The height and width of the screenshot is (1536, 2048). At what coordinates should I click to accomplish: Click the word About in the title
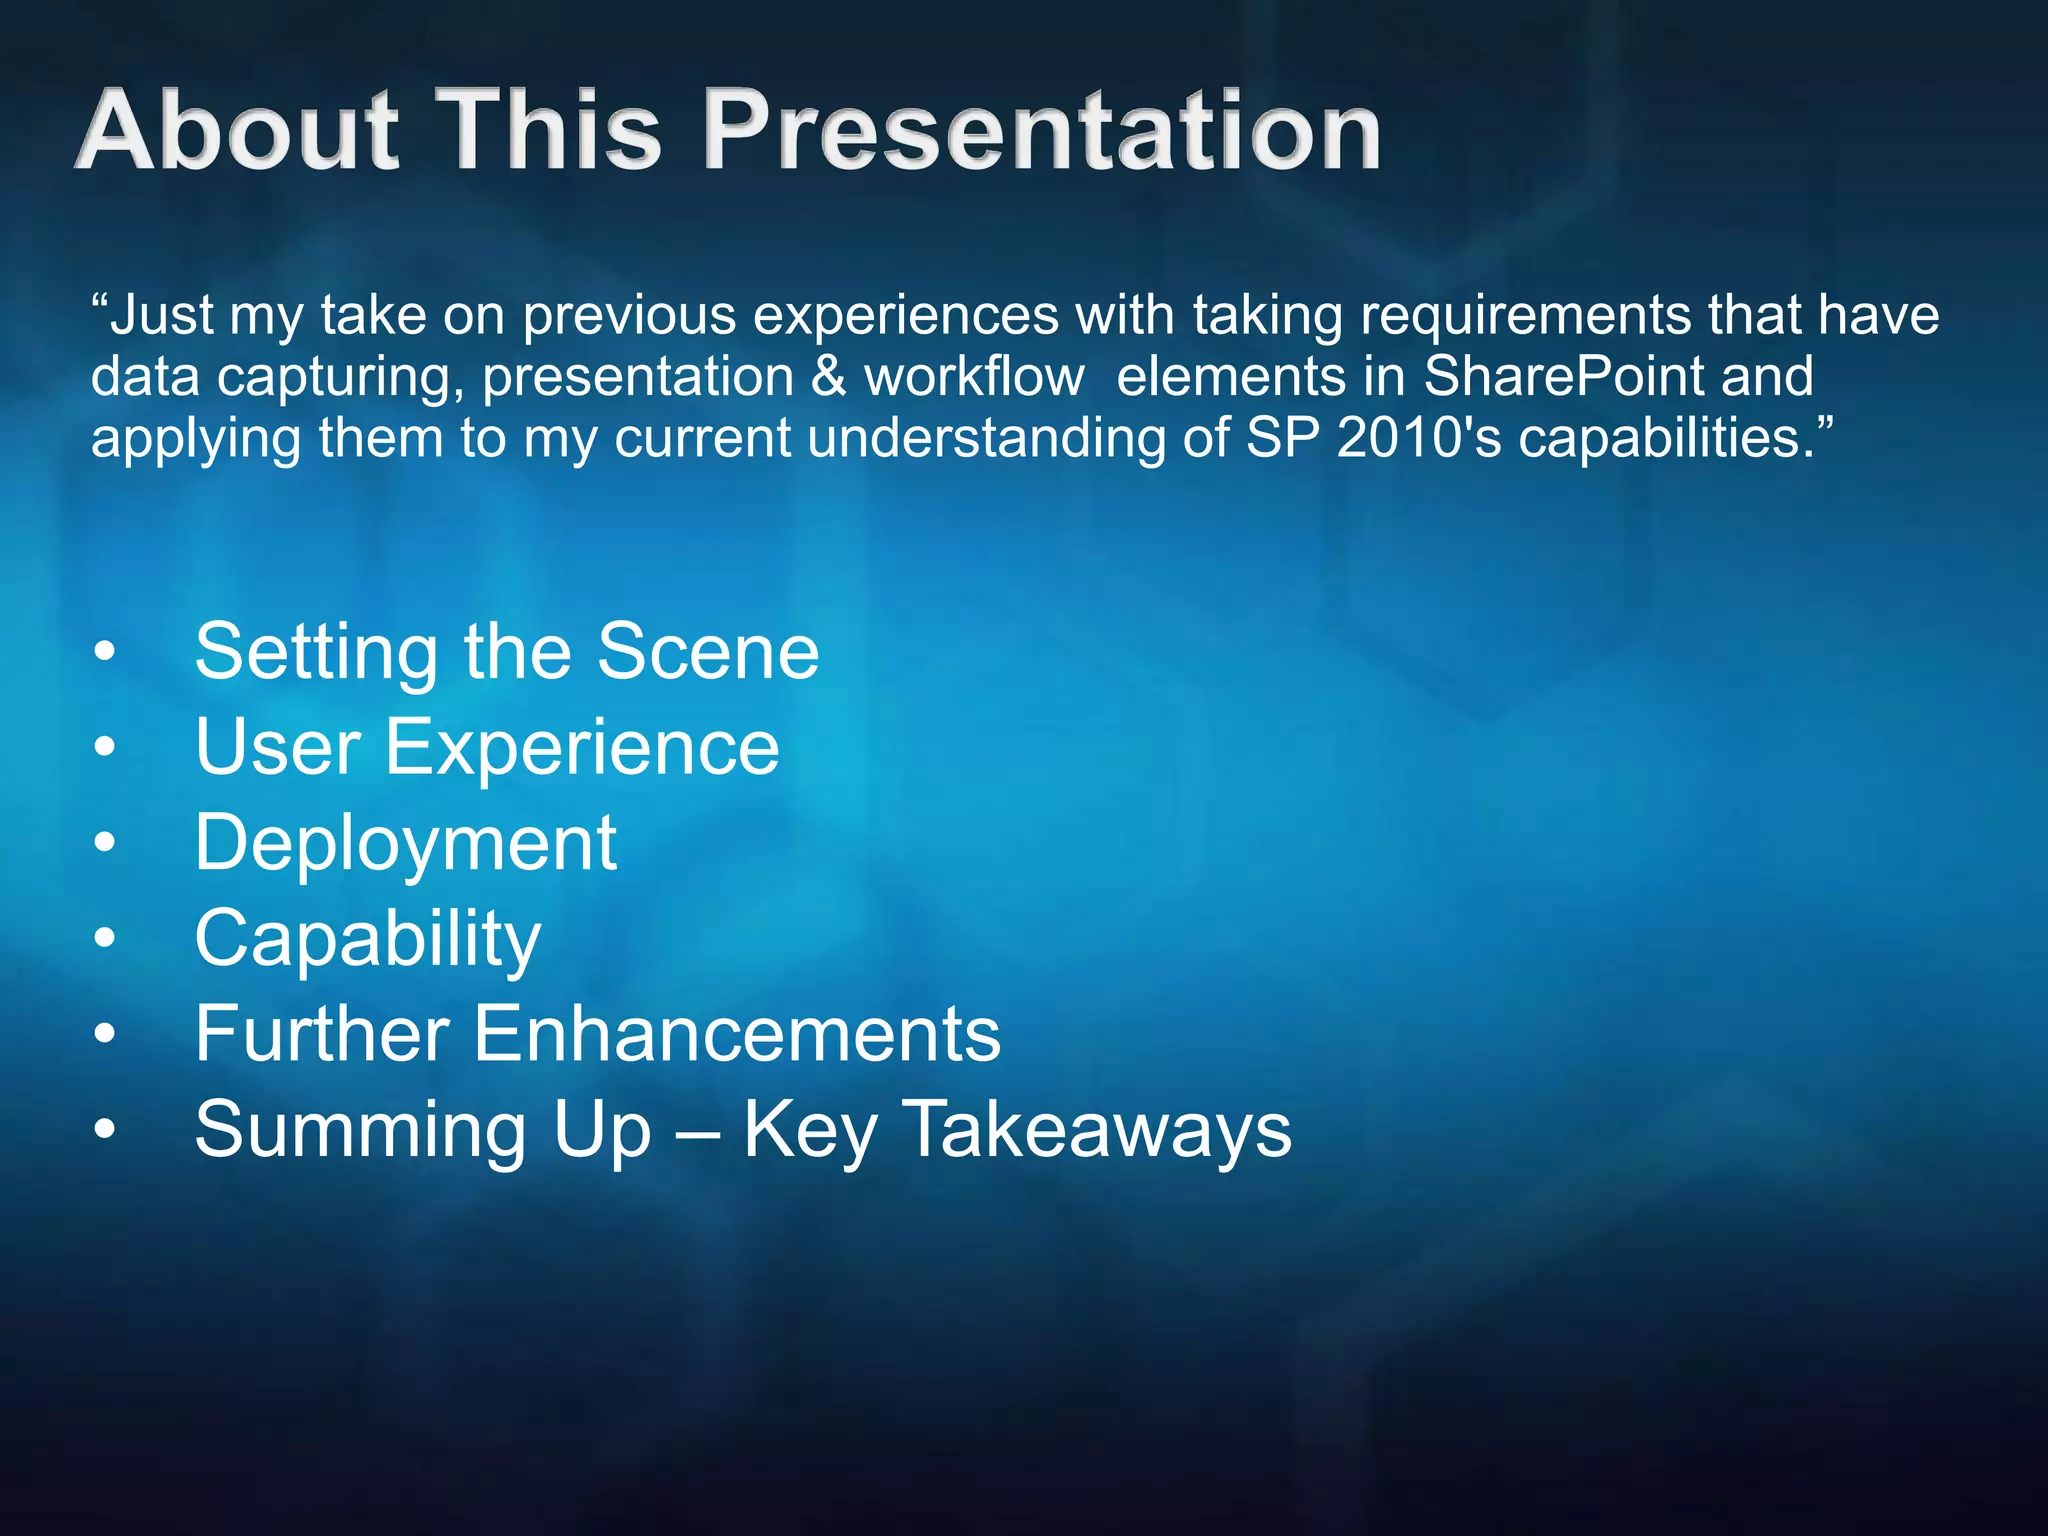tap(238, 129)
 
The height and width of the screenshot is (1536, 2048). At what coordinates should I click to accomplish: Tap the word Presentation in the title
tap(1043, 129)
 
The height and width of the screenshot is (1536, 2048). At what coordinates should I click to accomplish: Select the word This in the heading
tap(553, 129)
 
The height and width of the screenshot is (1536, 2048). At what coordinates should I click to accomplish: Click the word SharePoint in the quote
tap(1564, 376)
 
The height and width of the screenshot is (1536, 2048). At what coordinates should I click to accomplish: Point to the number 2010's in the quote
tap(1419, 437)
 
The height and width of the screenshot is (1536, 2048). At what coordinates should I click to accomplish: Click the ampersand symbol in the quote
tap(828, 377)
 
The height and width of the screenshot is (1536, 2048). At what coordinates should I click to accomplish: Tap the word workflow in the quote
tap(974, 376)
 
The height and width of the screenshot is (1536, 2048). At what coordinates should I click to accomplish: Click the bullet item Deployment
tap(406, 844)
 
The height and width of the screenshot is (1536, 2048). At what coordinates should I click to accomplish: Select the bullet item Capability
tap(368, 939)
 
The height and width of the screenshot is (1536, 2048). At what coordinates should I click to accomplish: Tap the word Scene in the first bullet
tap(708, 651)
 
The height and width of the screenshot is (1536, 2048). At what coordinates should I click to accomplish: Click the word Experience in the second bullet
tap(582, 748)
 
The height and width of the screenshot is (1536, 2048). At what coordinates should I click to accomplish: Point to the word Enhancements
tap(737, 1033)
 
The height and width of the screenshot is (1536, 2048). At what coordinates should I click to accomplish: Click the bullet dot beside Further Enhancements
tap(105, 1035)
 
